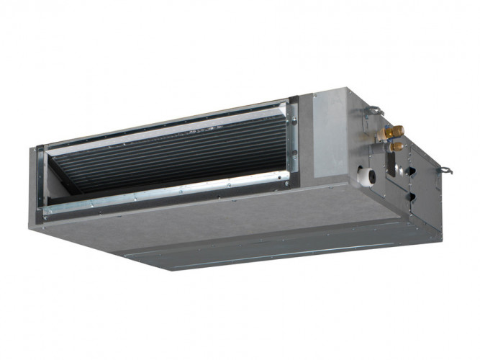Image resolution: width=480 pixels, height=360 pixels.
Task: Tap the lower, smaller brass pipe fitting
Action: (397, 146)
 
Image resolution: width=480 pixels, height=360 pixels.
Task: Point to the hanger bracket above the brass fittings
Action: (373, 112)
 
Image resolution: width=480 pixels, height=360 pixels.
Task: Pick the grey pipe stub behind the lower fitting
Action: (386, 148)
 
